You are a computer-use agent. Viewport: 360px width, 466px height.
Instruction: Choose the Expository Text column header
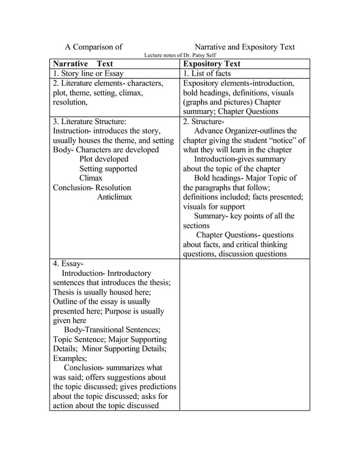click(x=212, y=64)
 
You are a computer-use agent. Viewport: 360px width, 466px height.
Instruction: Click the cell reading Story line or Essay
click(x=88, y=73)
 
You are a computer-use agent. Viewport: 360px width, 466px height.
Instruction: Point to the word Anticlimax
click(x=115, y=197)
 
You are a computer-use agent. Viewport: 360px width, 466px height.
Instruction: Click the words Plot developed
click(x=104, y=159)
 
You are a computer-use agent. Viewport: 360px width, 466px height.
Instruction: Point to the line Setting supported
click(x=108, y=169)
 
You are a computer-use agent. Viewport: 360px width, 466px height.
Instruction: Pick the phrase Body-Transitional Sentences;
click(x=112, y=330)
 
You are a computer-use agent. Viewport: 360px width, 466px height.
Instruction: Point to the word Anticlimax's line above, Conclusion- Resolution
click(x=92, y=187)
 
